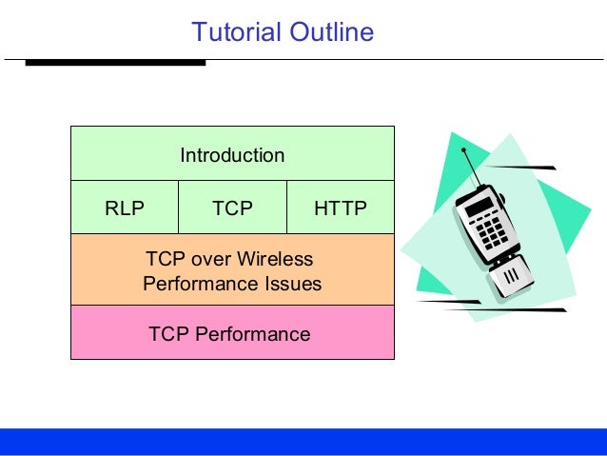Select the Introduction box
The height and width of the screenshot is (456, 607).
pyautogui.click(x=232, y=154)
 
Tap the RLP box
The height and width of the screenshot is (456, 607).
pyautogui.click(x=125, y=208)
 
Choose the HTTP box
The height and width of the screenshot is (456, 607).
pyautogui.click(x=340, y=208)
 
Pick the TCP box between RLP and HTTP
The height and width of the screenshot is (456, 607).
pyautogui.click(x=232, y=208)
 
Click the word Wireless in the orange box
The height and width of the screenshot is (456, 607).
pyautogui.click(x=278, y=260)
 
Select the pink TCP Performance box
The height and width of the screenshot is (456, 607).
pyautogui.click(x=232, y=333)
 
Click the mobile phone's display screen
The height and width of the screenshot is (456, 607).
pyautogui.click(x=479, y=207)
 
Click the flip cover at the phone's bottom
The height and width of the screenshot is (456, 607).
pyautogui.click(x=508, y=278)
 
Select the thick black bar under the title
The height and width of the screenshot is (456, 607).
pyautogui.click(x=114, y=63)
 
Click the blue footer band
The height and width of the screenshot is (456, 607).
pyautogui.click(x=303, y=442)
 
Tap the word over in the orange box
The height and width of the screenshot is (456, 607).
pyautogui.click(x=210, y=260)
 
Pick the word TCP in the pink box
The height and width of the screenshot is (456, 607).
pyautogui.click(x=169, y=334)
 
